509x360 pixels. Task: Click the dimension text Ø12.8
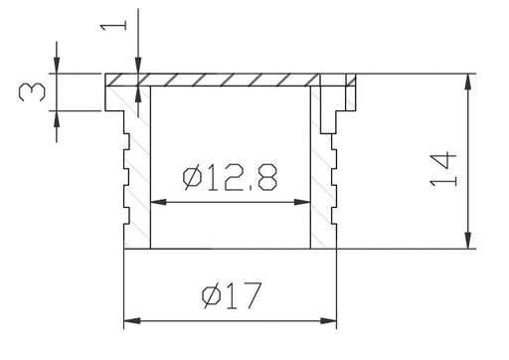230,178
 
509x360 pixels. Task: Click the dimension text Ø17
232,295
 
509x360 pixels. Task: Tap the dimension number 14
443,169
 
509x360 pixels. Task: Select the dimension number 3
32,92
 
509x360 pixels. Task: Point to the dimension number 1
113,25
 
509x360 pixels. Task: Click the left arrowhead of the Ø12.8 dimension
158,202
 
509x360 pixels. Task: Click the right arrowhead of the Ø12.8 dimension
302,202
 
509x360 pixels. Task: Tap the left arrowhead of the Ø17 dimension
132,321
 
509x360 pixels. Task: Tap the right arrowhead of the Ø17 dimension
328,321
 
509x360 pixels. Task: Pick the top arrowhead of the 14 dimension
468,82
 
